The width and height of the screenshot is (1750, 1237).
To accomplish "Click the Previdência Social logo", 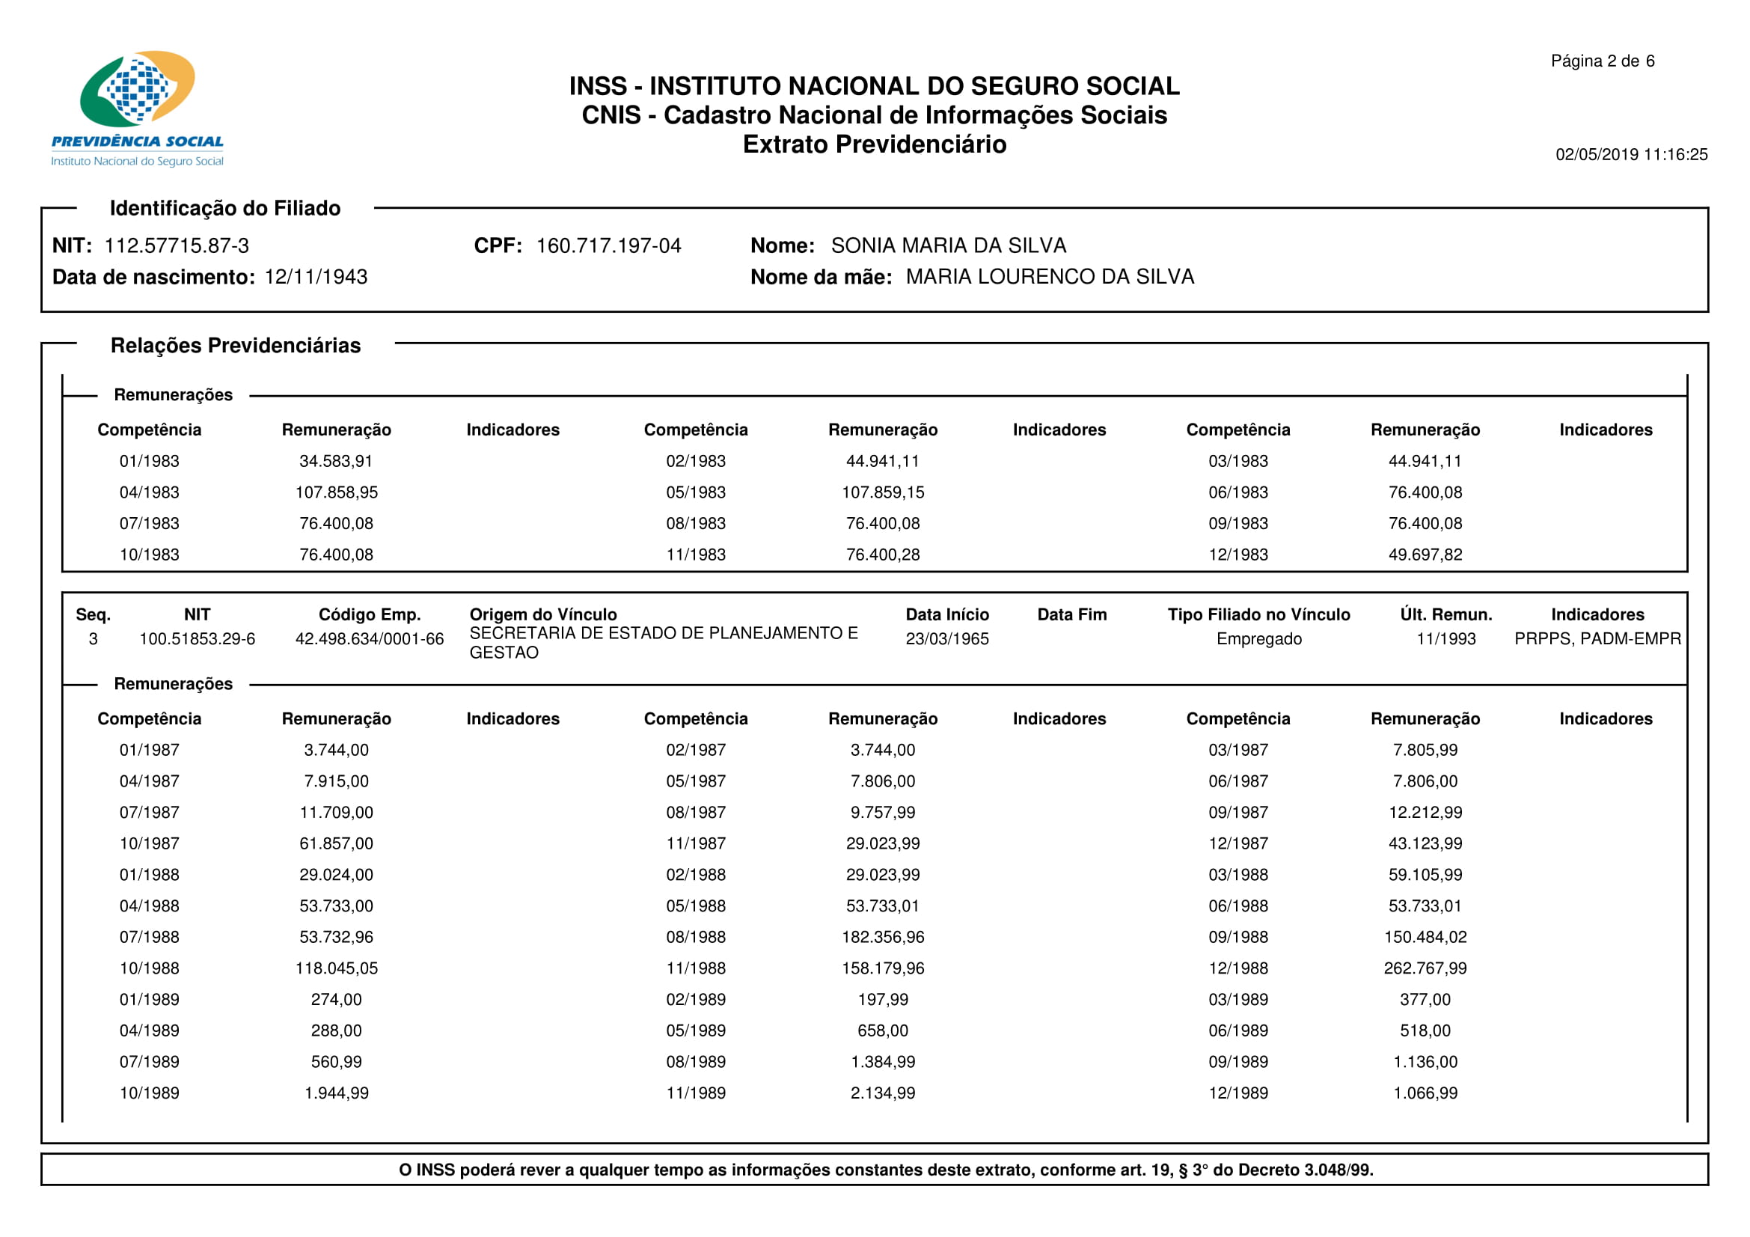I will coord(137,107).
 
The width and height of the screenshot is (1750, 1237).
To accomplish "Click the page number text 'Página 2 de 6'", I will coord(1602,61).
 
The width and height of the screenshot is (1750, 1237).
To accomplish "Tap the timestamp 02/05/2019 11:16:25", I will coord(1631,155).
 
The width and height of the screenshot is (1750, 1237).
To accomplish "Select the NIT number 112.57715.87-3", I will coord(177,245).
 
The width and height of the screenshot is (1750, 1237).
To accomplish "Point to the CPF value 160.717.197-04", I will coord(608,245).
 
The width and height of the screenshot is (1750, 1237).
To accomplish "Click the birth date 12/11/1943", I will coord(316,277).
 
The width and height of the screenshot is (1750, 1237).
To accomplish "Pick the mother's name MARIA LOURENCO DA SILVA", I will coord(1050,277).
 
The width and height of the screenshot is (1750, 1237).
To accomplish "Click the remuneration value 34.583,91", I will coord(336,461).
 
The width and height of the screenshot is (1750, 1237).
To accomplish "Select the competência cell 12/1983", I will coord(1237,555).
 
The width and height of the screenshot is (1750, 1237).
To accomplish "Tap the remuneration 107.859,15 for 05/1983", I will coord(883,492).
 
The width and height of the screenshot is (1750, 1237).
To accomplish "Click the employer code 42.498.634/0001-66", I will coord(370,638).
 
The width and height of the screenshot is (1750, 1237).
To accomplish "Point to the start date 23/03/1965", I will coord(946,638).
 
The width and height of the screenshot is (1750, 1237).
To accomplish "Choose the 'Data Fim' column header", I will coord(1071,614).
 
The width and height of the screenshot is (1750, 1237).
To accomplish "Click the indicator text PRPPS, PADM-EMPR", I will coord(1597,638).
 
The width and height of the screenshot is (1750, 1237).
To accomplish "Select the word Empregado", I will coord(1258,638).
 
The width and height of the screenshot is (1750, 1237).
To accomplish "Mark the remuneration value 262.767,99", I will coord(1425,968).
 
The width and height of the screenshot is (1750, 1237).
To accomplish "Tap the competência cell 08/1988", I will coord(696,937).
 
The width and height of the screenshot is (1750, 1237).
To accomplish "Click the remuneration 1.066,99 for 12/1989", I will coord(1425,1093).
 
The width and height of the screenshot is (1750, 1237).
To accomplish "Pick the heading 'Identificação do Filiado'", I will coord(225,208).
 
